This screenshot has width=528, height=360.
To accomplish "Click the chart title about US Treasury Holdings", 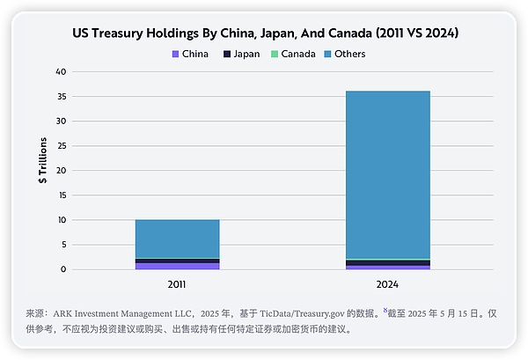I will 265,33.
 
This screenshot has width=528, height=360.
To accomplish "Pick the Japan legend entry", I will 241,54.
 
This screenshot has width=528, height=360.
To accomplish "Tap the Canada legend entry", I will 296,54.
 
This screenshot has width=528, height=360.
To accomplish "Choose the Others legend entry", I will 349,54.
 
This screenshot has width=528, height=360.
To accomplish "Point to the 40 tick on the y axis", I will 61,71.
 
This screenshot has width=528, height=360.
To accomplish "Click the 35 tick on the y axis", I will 61,96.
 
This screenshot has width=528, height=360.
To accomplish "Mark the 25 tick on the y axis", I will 61,145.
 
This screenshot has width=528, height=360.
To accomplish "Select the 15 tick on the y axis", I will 61,195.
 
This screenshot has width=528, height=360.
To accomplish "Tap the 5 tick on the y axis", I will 62,245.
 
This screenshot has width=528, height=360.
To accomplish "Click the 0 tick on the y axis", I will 62,269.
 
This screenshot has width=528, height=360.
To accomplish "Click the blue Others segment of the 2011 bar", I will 177,239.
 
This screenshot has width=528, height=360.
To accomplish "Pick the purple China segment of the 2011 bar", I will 177,266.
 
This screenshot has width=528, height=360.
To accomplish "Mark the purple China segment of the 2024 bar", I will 388,268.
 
